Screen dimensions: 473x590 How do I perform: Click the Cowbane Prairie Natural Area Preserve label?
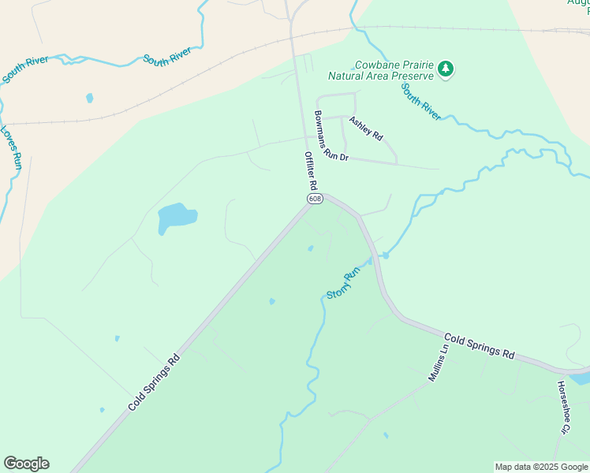coord(382,71)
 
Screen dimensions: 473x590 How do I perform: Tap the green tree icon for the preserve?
coord(446,69)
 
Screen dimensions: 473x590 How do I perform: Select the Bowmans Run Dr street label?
coord(330,136)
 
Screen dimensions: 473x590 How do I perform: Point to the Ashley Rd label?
coord(366,128)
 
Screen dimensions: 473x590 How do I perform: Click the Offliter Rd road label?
coord(311,170)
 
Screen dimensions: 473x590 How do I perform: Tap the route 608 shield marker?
coord(315,199)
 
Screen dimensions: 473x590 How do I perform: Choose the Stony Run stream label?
coord(343,284)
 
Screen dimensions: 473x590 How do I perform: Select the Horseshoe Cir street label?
coord(562,408)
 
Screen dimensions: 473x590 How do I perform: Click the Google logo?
coord(26,464)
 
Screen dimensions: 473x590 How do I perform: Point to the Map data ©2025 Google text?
coord(541,467)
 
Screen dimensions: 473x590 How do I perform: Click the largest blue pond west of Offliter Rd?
coord(176,217)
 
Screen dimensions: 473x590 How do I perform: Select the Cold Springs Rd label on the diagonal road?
coord(155,382)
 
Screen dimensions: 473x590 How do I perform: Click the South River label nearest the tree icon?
coord(421,102)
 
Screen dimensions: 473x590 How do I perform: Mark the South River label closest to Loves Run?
coord(26,69)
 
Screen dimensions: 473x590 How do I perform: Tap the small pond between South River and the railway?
coord(89,99)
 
